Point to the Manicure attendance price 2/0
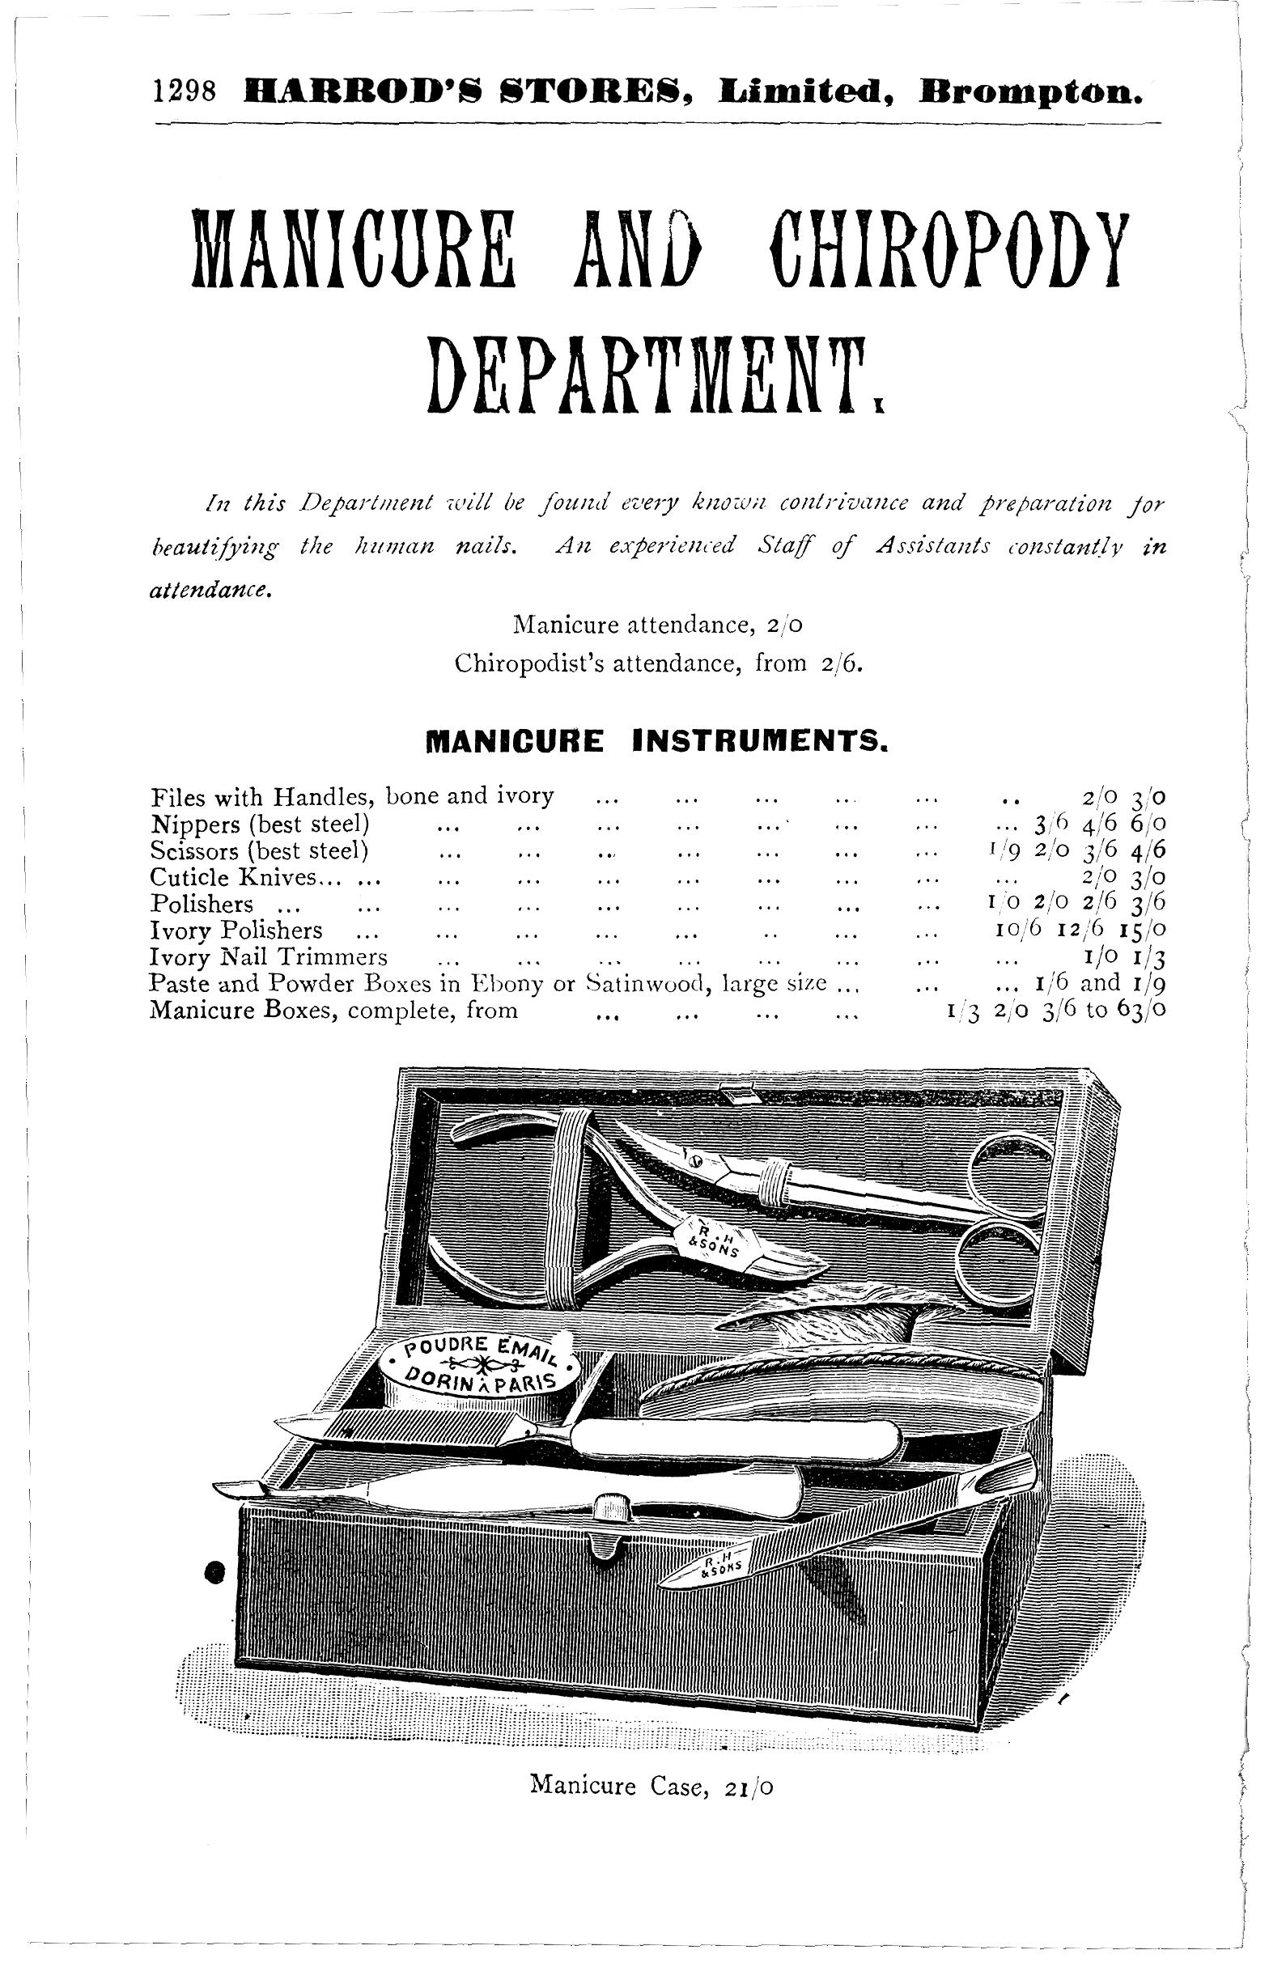tap(783, 625)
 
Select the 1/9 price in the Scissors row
tap(992, 850)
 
